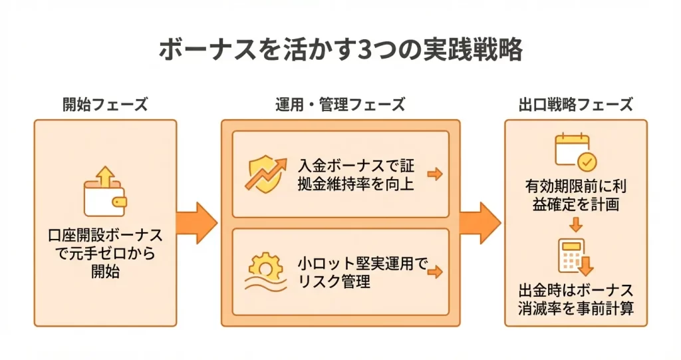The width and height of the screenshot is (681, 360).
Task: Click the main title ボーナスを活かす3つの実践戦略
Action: pyautogui.click(x=340, y=51)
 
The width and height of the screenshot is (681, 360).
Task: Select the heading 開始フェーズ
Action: pyautogui.click(x=105, y=104)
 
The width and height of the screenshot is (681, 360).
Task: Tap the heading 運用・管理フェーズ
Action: pyautogui.click(x=340, y=104)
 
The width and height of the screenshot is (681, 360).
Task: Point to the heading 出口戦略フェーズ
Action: pyautogui.click(x=575, y=104)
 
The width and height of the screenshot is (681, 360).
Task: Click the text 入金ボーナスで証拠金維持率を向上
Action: pyautogui.click(x=356, y=174)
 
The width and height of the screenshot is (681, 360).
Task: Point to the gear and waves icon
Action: pyautogui.click(x=264, y=273)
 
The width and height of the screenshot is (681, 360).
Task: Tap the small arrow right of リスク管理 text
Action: pyautogui.click(x=434, y=272)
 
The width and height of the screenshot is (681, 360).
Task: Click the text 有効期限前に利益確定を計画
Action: pyautogui.click(x=576, y=196)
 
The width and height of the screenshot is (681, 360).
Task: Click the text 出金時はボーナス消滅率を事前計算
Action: pyautogui.click(x=576, y=299)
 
